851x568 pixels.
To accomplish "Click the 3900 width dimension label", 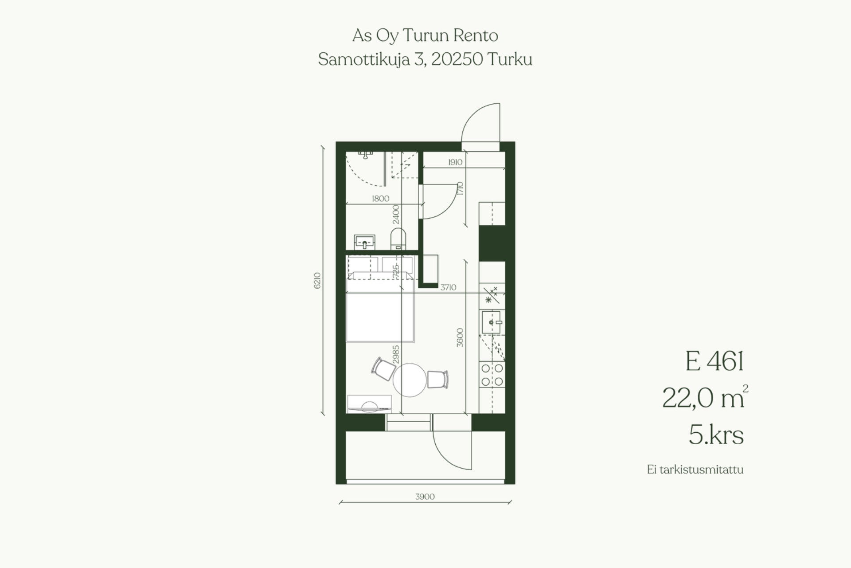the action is point(425,497).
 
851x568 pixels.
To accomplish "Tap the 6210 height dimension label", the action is point(317,281).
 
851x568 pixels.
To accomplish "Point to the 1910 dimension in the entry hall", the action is point(455,162).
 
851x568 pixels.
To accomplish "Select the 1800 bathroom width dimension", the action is point(380,199).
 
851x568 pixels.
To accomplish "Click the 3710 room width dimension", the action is point(448,287).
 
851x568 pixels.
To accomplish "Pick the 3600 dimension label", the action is point(460,337).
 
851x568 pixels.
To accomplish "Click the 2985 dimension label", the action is point(396,355).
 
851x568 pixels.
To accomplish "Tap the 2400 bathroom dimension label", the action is point(396,214).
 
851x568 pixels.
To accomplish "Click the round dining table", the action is point(410,380).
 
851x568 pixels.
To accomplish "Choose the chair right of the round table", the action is point(438,380).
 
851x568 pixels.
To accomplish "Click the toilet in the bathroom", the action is point(398,239).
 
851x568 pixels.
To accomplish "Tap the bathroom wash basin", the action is point(364,242).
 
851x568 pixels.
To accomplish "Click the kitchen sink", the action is point(491,322).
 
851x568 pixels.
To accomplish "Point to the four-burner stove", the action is point(492,375).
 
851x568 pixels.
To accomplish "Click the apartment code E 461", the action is point(714,361).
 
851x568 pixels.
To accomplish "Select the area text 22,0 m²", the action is point(705,397).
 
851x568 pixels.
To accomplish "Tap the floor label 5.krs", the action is point(716,435).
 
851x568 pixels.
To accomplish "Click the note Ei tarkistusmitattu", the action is point(695,470).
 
